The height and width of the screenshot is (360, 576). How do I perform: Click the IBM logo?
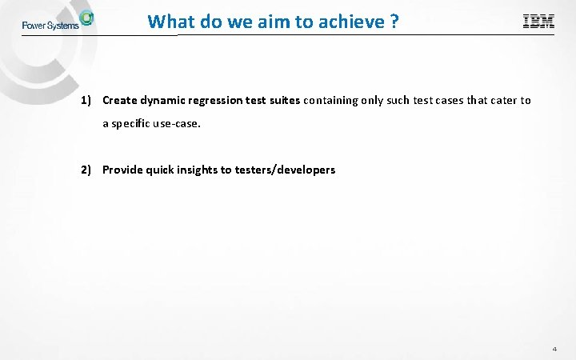point(538,22)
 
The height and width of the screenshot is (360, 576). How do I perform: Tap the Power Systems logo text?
point(50,25)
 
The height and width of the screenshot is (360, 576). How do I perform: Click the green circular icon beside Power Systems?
point(86,18)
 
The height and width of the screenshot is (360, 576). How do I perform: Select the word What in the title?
point(168,22)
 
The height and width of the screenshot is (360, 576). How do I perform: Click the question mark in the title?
point(394,22)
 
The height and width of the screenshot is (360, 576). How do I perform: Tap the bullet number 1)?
point(88,100)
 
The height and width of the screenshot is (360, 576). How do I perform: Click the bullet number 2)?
point(88,170)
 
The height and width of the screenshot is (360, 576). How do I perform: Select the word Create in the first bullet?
point(120,100)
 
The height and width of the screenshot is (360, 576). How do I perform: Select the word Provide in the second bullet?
point(122,170)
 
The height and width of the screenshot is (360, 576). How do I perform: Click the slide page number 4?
point(554,350)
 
